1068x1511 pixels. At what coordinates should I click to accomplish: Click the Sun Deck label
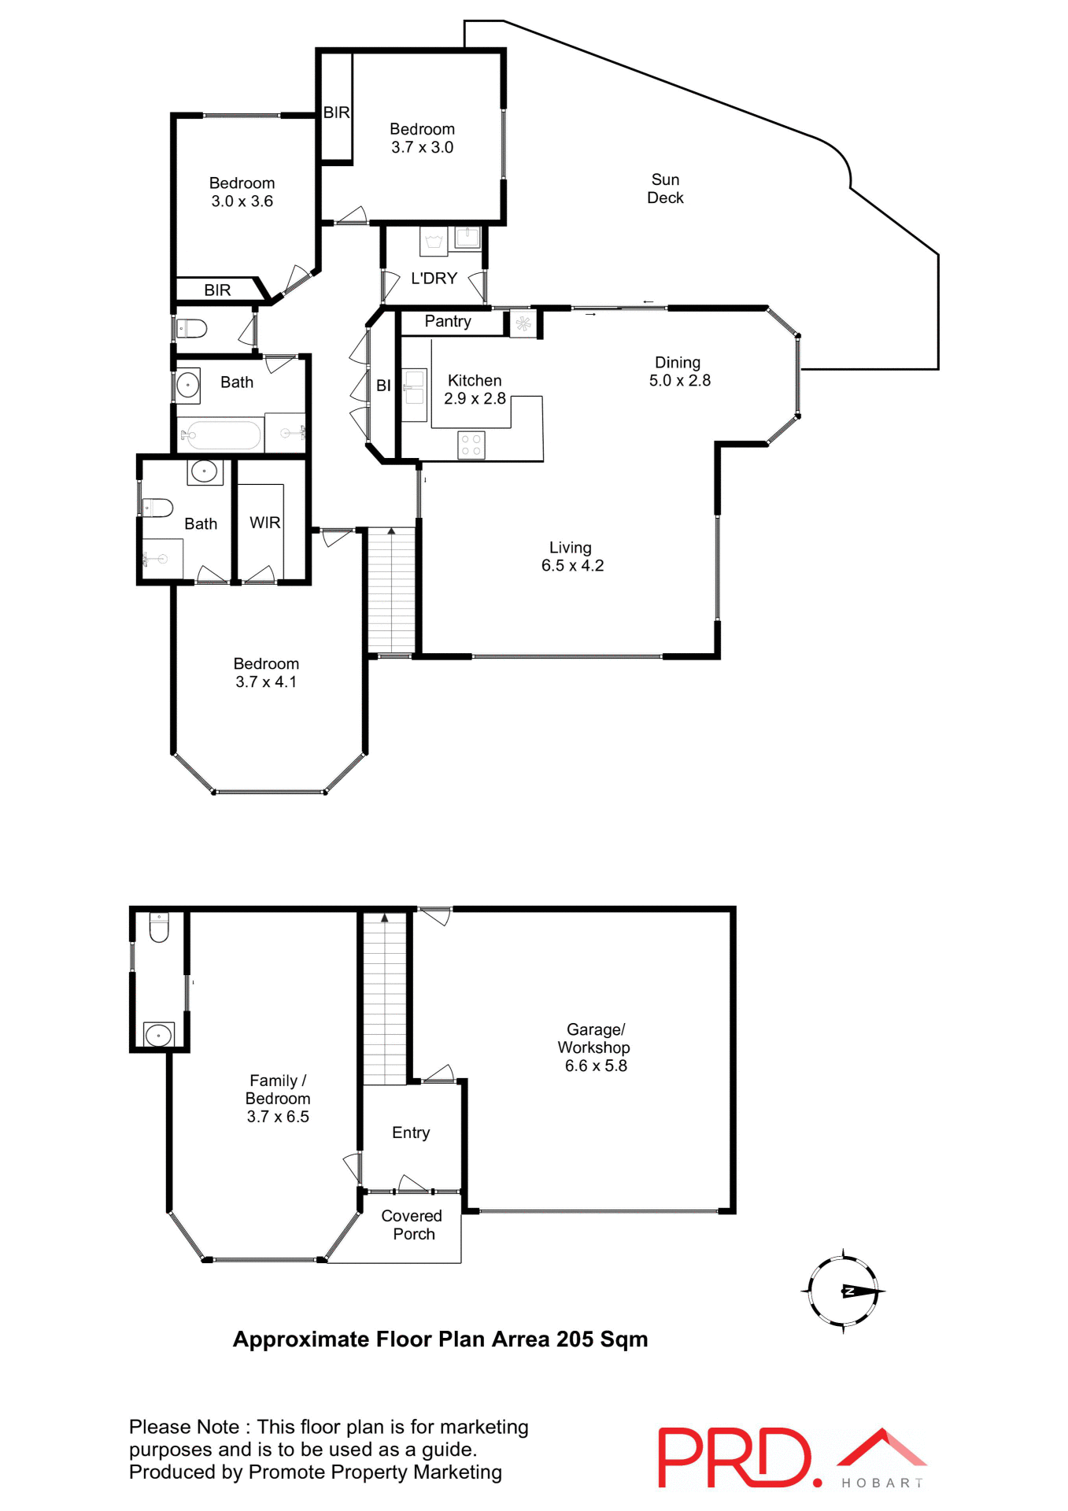(x=665, y=189)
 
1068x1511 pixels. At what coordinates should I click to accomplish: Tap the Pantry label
(x=448, y=321)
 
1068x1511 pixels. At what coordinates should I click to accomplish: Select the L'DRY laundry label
(x=434, y=279)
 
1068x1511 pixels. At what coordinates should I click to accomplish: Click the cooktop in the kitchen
(x=471, y=445)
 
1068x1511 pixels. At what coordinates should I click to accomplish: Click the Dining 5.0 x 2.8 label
(x=678, y=371)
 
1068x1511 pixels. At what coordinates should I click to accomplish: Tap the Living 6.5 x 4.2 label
(x=571, y=556)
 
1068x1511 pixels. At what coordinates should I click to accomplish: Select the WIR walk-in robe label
(x=264, y=523)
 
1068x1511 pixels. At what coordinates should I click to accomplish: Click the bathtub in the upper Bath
(x=224, y=435)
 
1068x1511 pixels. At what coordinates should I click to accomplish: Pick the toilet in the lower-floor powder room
(x=159, y=928)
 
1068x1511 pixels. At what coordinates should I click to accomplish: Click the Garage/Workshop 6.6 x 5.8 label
(x=595, y=1047)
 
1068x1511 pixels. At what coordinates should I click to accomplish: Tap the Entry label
(x=411, y=1132)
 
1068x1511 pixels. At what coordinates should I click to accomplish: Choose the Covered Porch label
(x=412, y=1225)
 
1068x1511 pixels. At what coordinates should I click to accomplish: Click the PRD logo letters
(x=734, y=1457)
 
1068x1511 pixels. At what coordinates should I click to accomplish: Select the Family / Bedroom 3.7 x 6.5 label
(x=278, y=1099)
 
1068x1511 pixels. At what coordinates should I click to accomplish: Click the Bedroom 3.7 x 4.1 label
(x=266, y=673)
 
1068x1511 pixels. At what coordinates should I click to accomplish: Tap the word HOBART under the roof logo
(x=881, y=1483)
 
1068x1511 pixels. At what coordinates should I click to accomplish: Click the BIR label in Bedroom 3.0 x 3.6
(x=217, y=290)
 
